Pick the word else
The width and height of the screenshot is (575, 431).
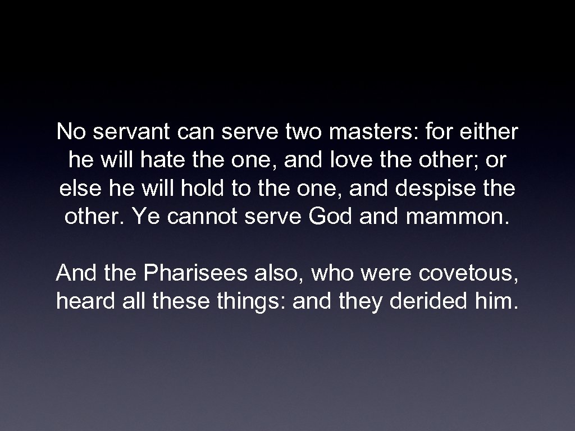coord(77,189)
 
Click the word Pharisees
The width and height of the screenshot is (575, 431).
coord(195,274)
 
